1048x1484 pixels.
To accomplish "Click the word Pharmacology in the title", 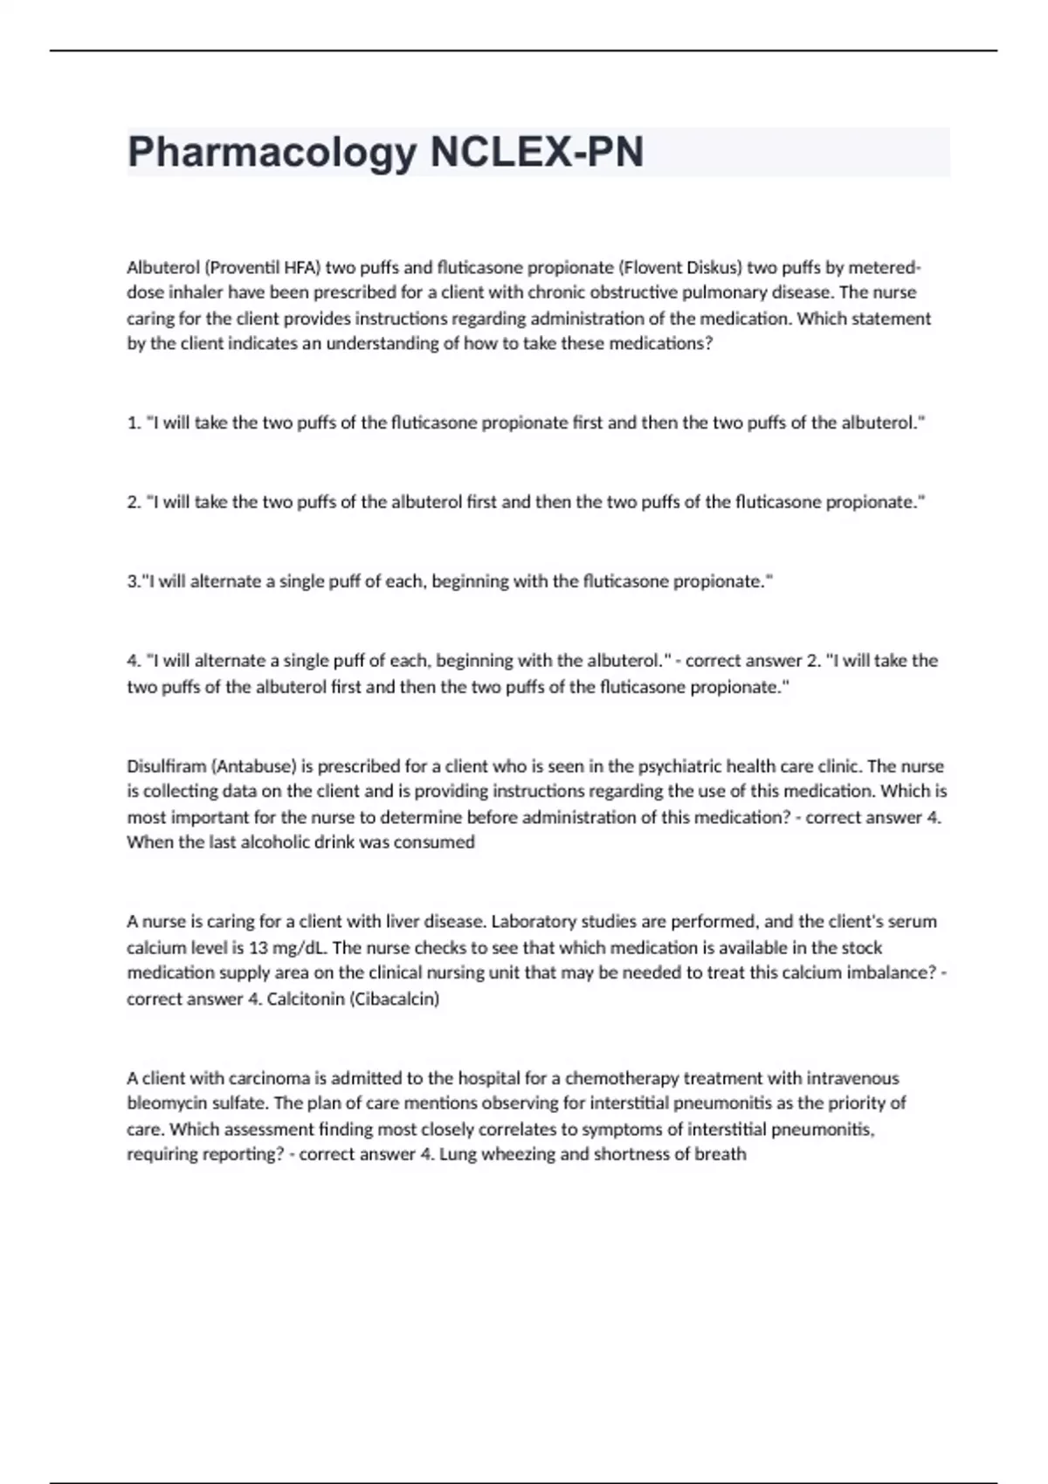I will pyautogui.click(x=272, y=153).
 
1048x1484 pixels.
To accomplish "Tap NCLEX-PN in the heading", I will pyautogui.click(x=537, y=153).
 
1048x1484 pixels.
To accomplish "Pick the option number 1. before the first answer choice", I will pyautogui.click(x=134, y=423).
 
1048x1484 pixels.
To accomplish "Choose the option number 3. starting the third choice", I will pyautogui.click(x=134, y=581).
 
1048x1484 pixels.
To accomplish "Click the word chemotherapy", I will pyautogui.click(x=622, y=1078).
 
